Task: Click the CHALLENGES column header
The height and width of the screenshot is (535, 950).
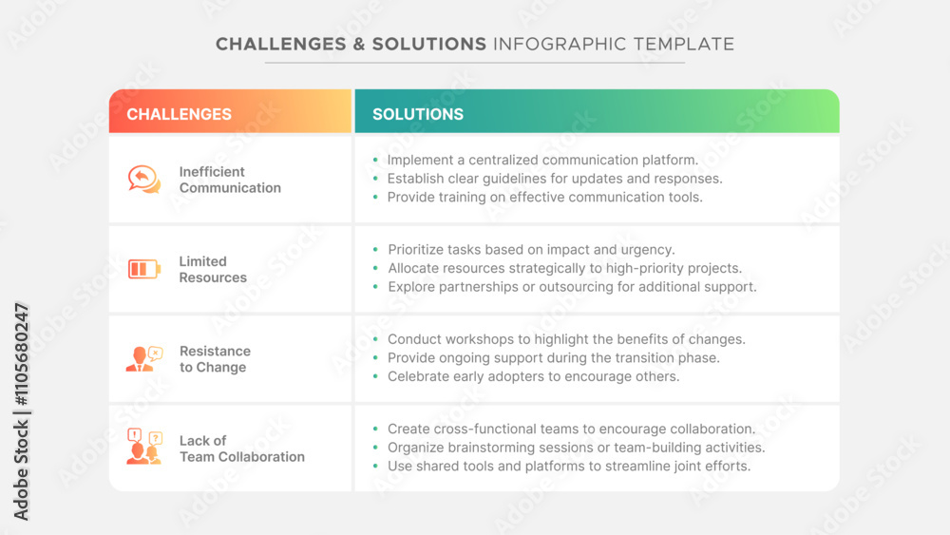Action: coord(179,115)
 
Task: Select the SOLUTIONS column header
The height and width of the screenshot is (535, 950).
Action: coord(417,115)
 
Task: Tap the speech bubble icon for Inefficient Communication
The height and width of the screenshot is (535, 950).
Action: coord(144,180)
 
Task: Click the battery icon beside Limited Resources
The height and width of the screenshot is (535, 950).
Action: coord(144,269)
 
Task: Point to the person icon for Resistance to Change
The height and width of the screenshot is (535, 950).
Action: coord(144,358)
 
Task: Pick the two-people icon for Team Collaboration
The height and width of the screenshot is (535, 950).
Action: coord(144,447)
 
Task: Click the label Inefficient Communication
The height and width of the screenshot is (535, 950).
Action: coord(230,180)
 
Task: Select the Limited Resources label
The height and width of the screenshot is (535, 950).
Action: coord(213,270)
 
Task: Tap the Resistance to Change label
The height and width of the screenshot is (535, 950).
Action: coord(215,359)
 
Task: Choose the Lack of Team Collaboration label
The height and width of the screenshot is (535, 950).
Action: coord(241,449)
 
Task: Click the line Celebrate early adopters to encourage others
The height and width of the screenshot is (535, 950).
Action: coord(534,376)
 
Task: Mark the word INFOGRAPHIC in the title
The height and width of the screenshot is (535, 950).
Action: coord(560,45)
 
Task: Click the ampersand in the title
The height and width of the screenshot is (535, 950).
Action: coord(354,45)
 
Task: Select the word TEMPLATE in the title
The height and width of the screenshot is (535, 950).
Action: coord(684,45)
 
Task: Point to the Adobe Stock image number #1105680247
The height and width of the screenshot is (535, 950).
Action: coord(21,355)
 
